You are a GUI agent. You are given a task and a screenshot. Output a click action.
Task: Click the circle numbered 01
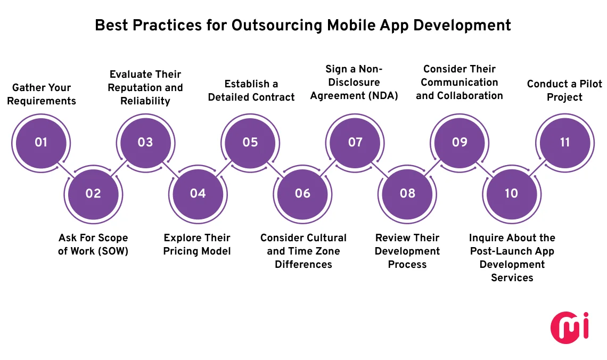click(x=41, y=142)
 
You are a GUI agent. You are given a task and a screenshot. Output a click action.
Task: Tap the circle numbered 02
click(x=93, y=193)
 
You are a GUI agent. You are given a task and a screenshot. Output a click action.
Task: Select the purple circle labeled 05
click(x=250, y=142)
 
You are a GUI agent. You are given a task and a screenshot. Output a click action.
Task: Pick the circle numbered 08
click(x=407, y=193)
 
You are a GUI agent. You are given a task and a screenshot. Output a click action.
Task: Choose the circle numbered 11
click(x=565, y=142)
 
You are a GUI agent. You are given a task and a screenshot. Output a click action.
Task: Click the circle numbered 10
click(x=511, y=193)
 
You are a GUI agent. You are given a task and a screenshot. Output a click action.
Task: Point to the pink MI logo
click(x=569, y=326)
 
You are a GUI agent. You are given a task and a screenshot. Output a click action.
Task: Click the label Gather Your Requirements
click(x=42, y=94)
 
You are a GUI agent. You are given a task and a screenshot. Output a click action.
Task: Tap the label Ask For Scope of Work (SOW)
click(x=93, y=244)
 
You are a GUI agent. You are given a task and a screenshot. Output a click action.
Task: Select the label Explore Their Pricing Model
click(x=197, y=244)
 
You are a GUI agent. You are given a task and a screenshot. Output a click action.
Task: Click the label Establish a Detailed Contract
click(x=251, y=91)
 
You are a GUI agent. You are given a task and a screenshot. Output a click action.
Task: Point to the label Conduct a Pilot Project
click(x=564, y=91)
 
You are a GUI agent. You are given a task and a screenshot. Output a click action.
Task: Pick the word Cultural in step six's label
click(x=325, y=238)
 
